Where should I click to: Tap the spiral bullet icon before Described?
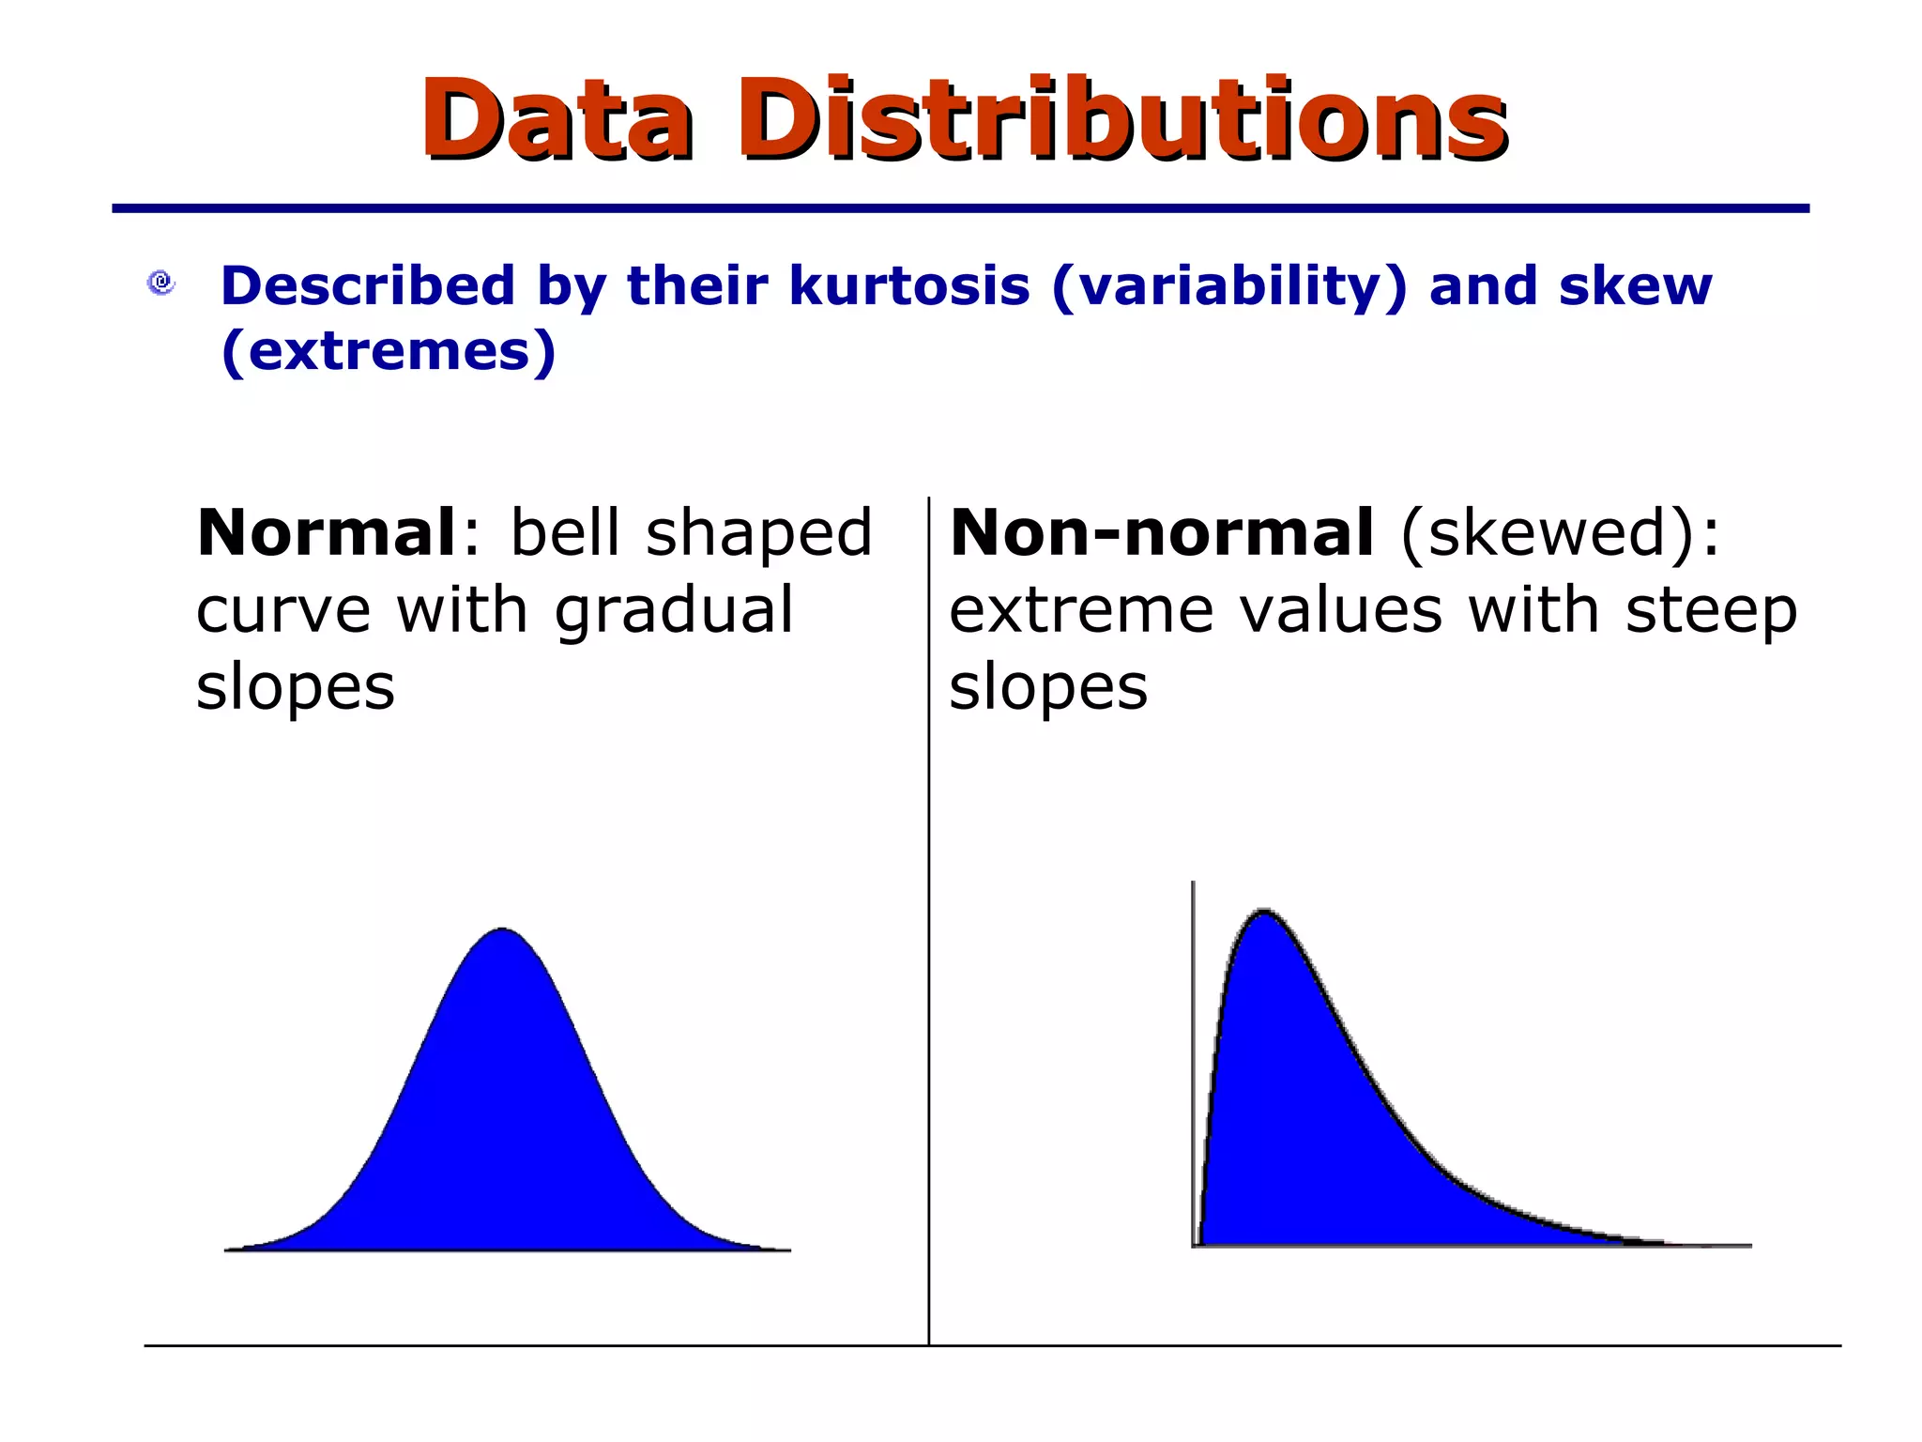161,283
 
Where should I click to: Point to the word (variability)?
1229,287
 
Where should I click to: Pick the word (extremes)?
389,351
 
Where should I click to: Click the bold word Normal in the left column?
326,532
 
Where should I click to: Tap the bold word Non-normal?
1162,532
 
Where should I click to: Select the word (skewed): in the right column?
1560,534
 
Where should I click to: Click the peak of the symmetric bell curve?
502,929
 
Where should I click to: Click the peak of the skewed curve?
1263,911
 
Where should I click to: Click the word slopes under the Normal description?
296,688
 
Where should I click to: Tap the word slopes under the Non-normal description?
1048,688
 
